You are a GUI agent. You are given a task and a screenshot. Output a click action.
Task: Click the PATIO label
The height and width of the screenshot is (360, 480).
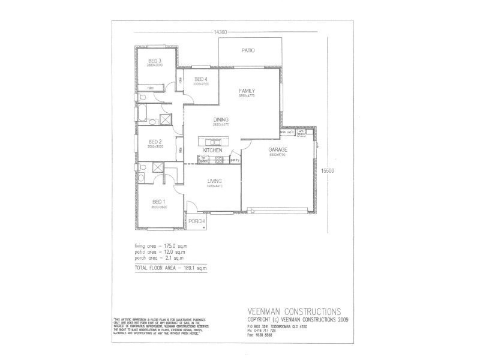(248, 51)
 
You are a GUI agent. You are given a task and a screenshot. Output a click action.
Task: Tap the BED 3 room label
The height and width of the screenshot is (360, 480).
(155, 60)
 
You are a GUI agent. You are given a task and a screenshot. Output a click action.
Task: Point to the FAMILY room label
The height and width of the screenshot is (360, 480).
(247, 90)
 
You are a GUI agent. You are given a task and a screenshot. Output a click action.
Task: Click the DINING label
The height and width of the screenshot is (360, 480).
(221, 120)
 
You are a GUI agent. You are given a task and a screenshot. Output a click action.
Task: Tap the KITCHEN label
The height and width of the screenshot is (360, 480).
(213, 149)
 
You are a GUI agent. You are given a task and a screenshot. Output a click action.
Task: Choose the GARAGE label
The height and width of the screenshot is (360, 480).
(277, 149)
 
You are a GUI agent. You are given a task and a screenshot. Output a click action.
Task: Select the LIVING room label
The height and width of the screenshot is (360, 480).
(215, 181)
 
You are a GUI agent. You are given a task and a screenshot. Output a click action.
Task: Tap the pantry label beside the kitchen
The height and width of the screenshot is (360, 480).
(235, 160)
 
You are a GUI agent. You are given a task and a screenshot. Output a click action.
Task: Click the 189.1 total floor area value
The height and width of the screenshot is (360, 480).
(189, 268)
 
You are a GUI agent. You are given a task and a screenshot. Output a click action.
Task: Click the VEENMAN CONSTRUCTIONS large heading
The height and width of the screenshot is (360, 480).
(294, 311)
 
